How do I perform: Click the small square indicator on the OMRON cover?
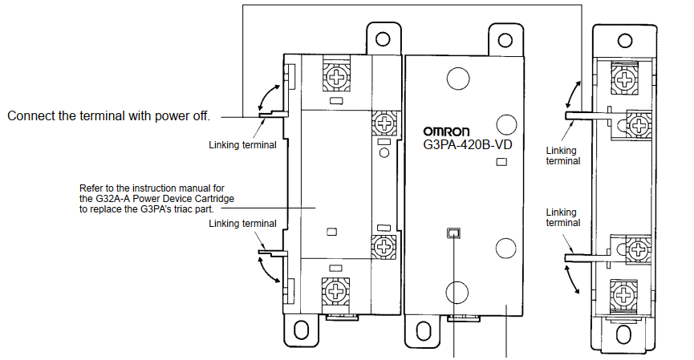pyautogui.click(x=454, y=233)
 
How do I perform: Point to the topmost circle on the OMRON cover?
pyautogui.click(x=457, y=78)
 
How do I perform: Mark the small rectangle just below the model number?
pyautogui.click(x=502, y=163)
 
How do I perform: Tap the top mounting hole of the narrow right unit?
pyautogui.click(x=625, y=39)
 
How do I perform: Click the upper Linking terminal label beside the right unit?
pyautogui.click(x=561, y=155)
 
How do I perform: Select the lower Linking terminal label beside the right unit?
pyautogui.click(x=561, y=218)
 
